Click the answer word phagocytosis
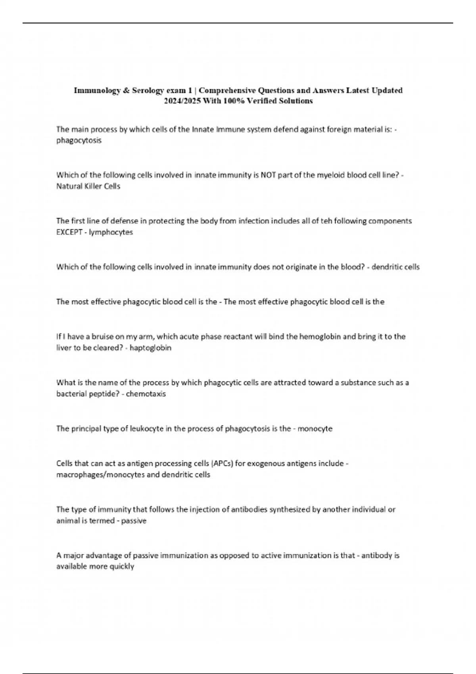click(79, 140)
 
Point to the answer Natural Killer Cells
click(88, 186)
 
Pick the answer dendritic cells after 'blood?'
click(395, 267)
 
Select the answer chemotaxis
click(146, 394)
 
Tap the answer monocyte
click(315, 429)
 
